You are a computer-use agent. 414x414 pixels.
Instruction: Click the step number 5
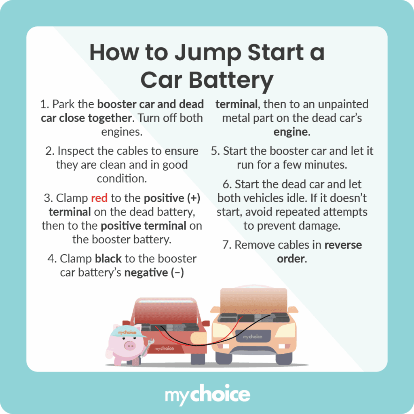click(215, 151)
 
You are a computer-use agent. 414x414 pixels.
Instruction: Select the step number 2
click(49, 151)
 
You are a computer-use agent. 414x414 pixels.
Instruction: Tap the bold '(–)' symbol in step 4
click(177, 272)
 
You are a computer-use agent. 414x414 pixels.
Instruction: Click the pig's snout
click(129, 345)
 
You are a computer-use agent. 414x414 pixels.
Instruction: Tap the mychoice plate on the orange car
click(252, 336)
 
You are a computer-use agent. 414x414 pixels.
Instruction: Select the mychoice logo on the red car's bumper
click(164, 348)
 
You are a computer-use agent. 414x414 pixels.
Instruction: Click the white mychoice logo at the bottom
click(207, 395)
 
